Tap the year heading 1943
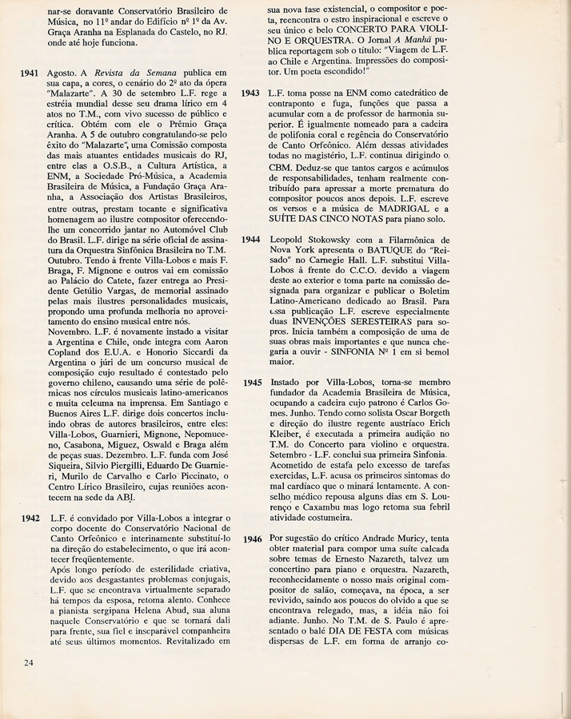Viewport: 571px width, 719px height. point(250,93)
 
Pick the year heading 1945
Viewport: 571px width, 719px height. point(250,383)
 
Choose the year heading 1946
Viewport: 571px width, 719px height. point(250,539)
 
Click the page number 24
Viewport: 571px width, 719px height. point(29,661)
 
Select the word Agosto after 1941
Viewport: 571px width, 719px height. point(63,73)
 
